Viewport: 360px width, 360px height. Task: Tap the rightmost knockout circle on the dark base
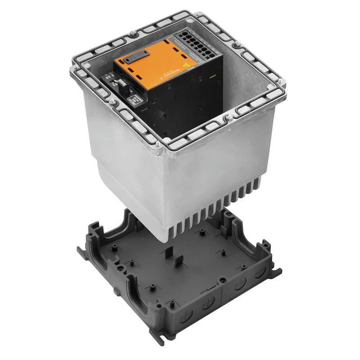tap(260, 273)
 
